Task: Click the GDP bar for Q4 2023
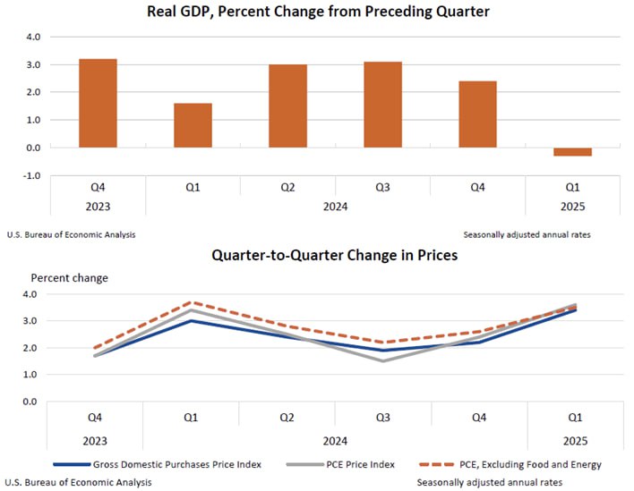[98, 103]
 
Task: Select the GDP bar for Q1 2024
[193, 125]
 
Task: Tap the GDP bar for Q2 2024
[287, 106]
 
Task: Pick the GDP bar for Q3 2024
[382, 105]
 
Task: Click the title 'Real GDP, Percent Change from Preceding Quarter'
[318, 13]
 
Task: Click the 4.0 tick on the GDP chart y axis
[33, 38]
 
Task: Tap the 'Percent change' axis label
[70, 278]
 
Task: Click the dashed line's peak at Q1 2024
[193, 302]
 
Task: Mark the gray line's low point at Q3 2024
[382, 360]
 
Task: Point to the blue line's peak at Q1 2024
[193, 320]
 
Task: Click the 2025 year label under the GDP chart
[572, 207]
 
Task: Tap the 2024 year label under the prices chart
[335, 441]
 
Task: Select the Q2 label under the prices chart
[287, 418]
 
